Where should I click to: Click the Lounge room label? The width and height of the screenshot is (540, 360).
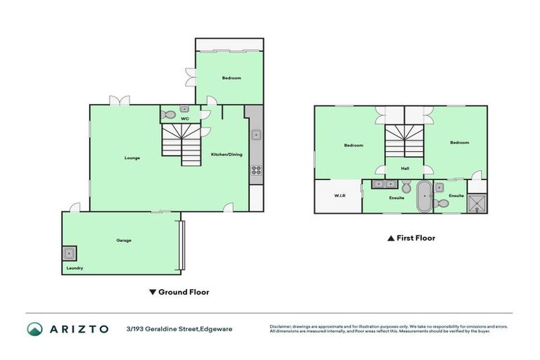pyautogui.click(x=132, y=157)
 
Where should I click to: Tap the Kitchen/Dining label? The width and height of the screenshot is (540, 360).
pyautogui.click(x=226, y=154)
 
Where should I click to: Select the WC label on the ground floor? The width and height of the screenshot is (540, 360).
pyautogui.click(x=185, y=119)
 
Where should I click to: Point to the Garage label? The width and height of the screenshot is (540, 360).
pyautogui.click(x=124, y=240)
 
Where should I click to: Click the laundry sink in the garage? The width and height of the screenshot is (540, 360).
pyautogui.click(x=70, y=253)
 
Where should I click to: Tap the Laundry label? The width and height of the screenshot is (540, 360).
pyautogui.click(x=75, y=268)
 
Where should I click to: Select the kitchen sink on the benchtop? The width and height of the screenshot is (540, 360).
pyautogui.click(x=257, y=134)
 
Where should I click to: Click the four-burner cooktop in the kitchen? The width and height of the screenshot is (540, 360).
pyautogui.click(x=257, y=169)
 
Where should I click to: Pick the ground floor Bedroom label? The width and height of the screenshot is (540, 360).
pyautogui.click(x=231, y=78)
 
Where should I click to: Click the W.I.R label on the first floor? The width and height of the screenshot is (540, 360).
pyautogui.click(x=338, y=195)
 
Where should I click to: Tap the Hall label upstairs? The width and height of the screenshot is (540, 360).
pyautogui.click(x=405, y=168)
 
